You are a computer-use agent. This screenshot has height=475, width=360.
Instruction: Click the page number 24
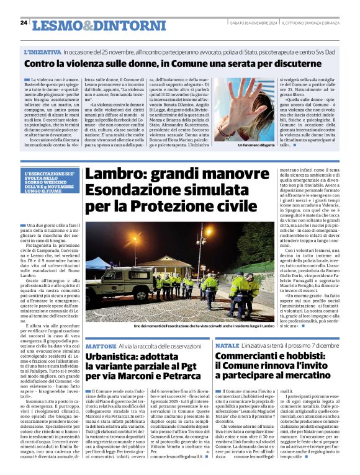click(x=24, y=23)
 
